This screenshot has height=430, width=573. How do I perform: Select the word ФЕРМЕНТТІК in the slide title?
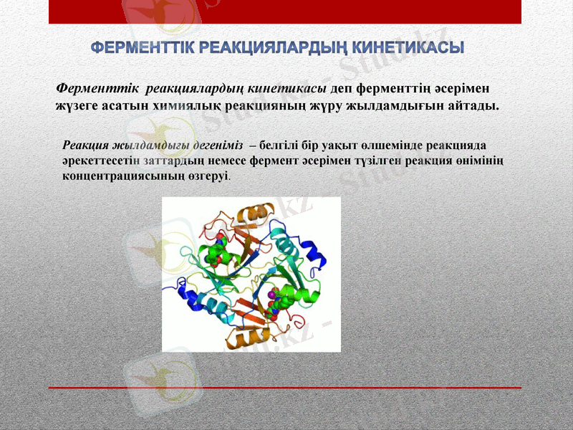pyautogui.click(x=142, y=48)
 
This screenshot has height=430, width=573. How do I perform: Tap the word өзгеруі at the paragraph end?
pyautogui.click(x=209, y=174)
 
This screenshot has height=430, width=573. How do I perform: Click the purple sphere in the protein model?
pyautogui.click(x=271, y=294)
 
